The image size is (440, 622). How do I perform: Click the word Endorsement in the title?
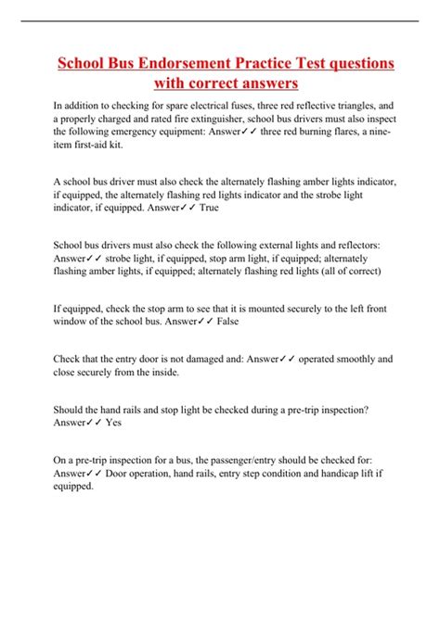point(185,64)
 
